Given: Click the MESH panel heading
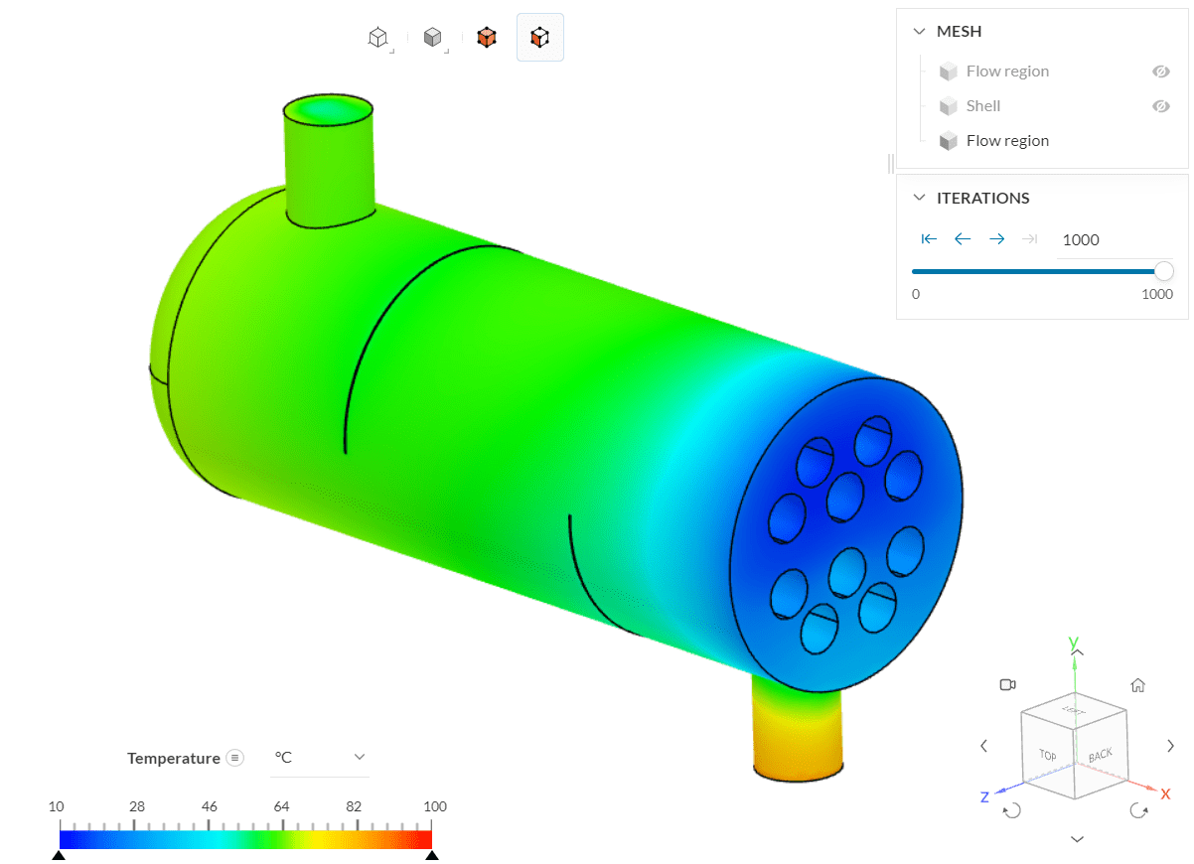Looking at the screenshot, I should [x=959, y=32].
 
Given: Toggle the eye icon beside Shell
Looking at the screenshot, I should [x=1160, y=106].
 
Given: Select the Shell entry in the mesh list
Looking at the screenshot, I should [x=982, y=106].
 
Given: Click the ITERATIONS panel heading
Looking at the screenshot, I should [x=982, y=199].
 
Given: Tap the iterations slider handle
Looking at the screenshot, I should [x=1163, y=271].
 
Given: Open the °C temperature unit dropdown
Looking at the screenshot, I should [x=319, y=758].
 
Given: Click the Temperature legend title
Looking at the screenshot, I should [x=173, y=759].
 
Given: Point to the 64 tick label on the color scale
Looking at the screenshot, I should [x=282, y=806].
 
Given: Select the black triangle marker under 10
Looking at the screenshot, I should [x=59, y=855].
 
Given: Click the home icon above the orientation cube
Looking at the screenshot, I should [x=1138, y=685].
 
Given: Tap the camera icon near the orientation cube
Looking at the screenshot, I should [x=1007, y=685].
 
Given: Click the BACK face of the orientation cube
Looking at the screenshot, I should [x=1100, y=756].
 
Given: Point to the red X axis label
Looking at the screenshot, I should [x=1165, y=794].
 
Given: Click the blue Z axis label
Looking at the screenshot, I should [x=984, y=796].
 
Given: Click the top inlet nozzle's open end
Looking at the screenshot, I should [x=328, y=109].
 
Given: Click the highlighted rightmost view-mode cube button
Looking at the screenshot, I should [x=539, y=38].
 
